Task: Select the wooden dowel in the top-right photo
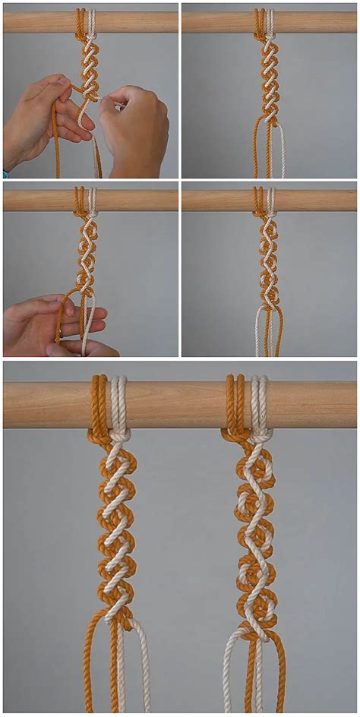[x=311, y=22]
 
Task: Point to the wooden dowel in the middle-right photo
[x=311, y=201]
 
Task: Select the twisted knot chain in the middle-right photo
[x=269, y=258]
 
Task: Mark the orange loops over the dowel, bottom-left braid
[x=100, y=403]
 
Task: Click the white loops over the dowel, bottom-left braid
[x=119, y=403]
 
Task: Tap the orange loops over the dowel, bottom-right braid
[x=235, y=403]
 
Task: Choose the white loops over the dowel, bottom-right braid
[x=259, y=403]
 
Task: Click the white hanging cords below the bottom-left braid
[x=141, y=668]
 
